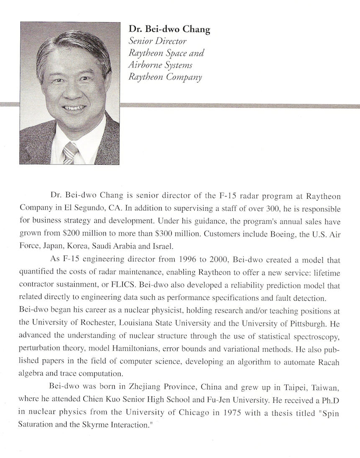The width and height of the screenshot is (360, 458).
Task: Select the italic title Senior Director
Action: point(157,41)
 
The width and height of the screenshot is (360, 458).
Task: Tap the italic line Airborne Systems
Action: point(161,65)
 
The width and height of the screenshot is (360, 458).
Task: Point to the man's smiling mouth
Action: point(74,109)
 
